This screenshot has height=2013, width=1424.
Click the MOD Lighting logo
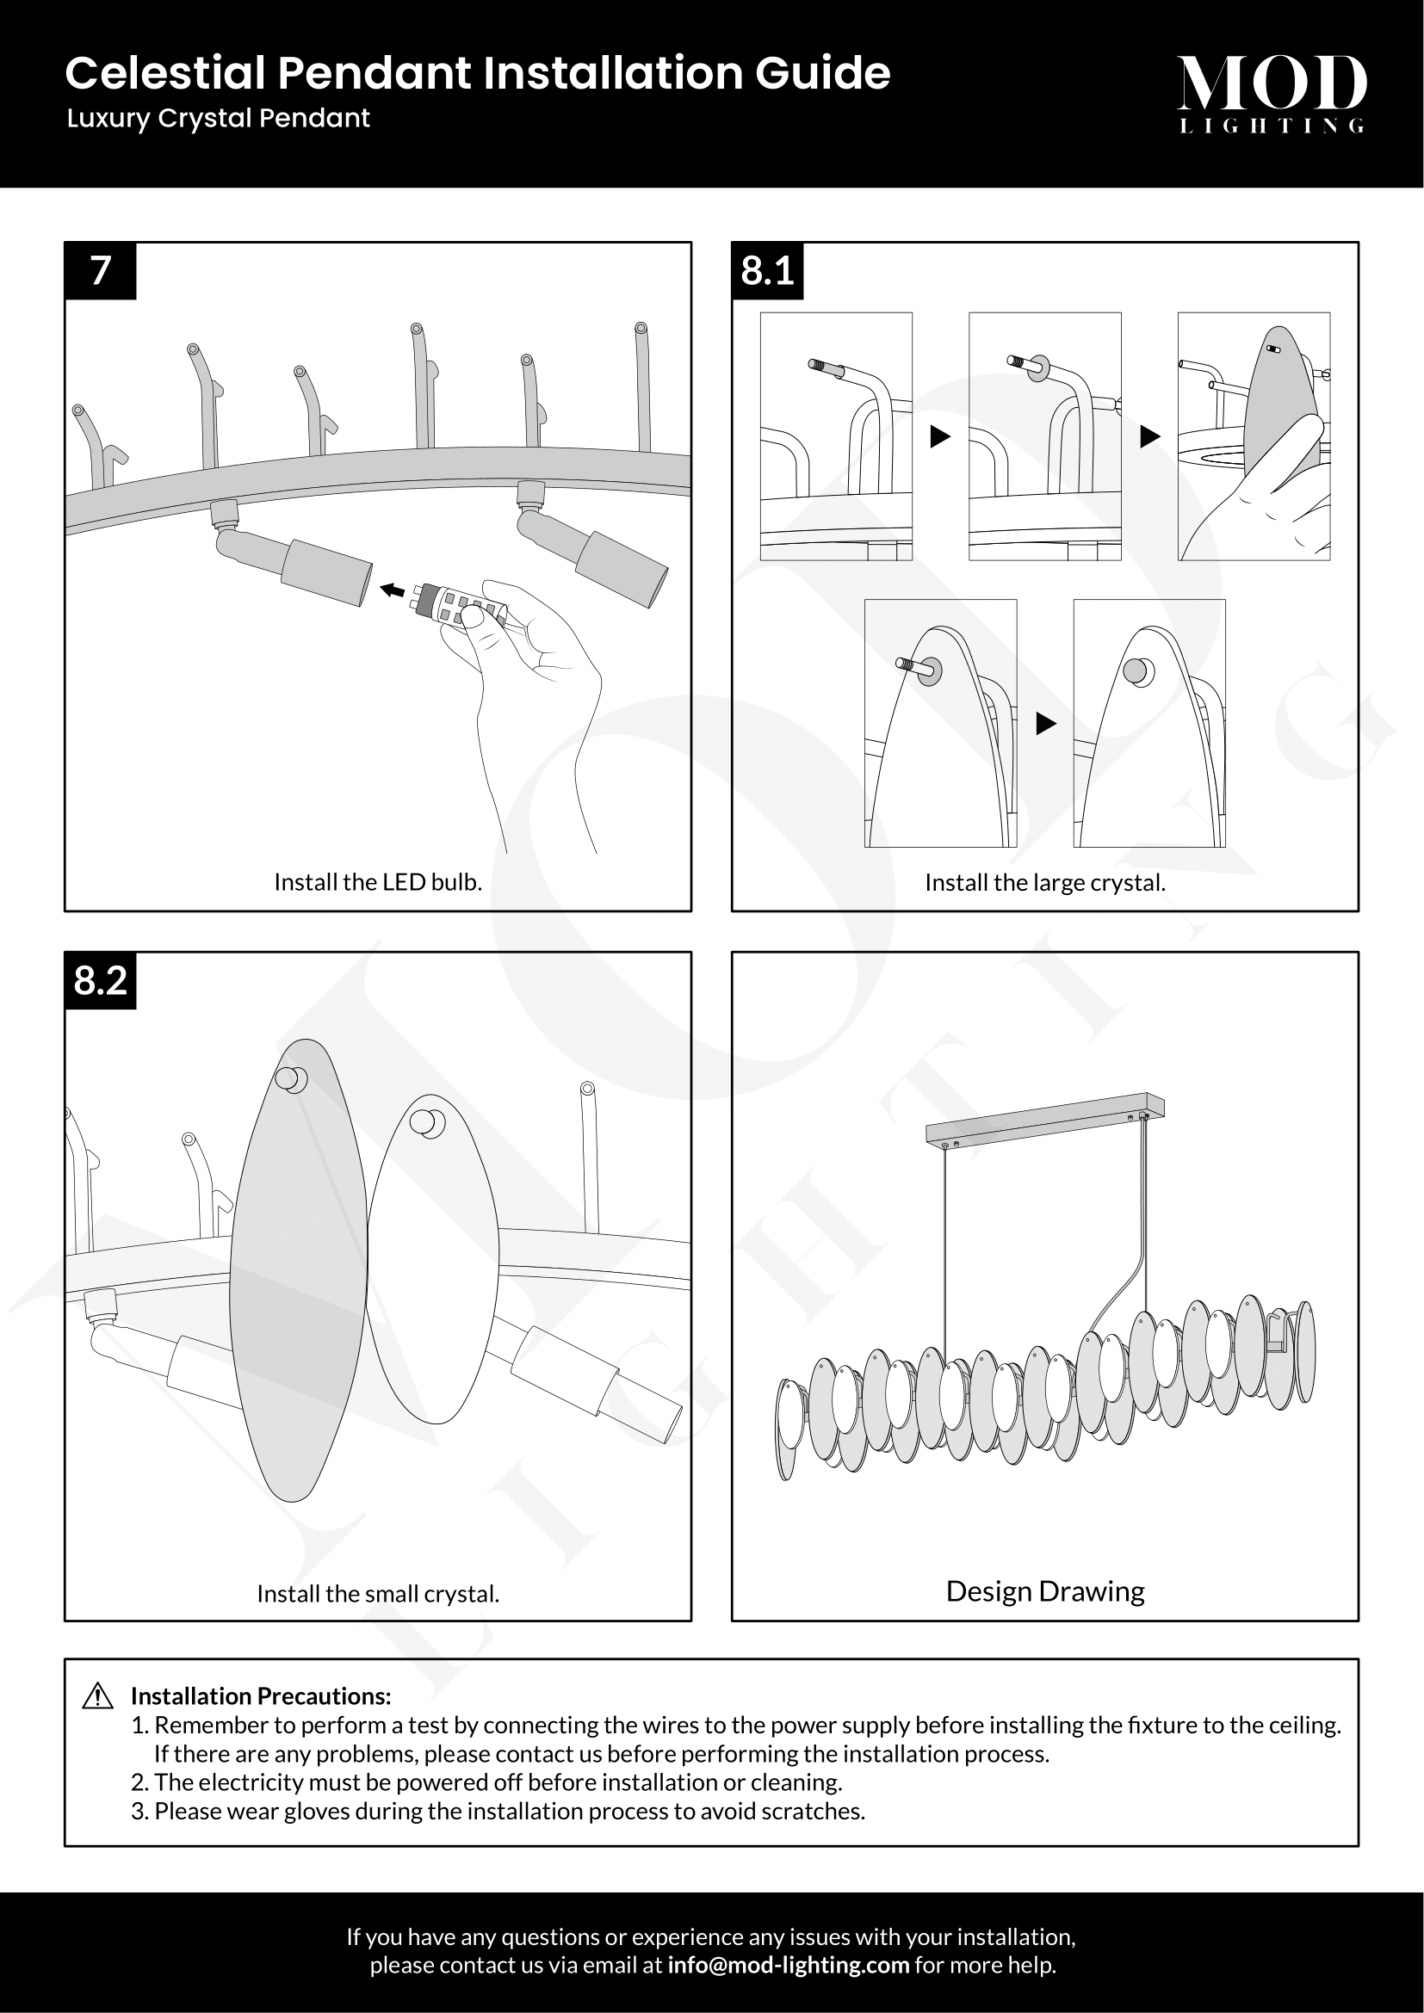1271,93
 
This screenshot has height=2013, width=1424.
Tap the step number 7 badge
101,271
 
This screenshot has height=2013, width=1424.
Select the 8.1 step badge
767,271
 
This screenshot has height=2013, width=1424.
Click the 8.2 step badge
101,980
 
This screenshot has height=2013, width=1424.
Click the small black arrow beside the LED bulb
392,591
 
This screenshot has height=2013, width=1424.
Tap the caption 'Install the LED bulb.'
378,882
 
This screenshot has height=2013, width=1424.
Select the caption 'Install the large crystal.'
1044,883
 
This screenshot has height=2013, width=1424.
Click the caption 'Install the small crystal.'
378,1593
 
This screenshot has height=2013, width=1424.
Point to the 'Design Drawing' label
1044,1591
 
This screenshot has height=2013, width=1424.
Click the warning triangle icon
97,1696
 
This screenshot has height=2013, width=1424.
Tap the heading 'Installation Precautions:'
260,1696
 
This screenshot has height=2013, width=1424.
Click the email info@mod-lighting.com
788,1965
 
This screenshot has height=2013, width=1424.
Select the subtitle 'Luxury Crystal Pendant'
219,119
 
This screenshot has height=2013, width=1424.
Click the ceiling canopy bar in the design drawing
1043,1117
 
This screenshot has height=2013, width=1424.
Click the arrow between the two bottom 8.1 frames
1044,723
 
